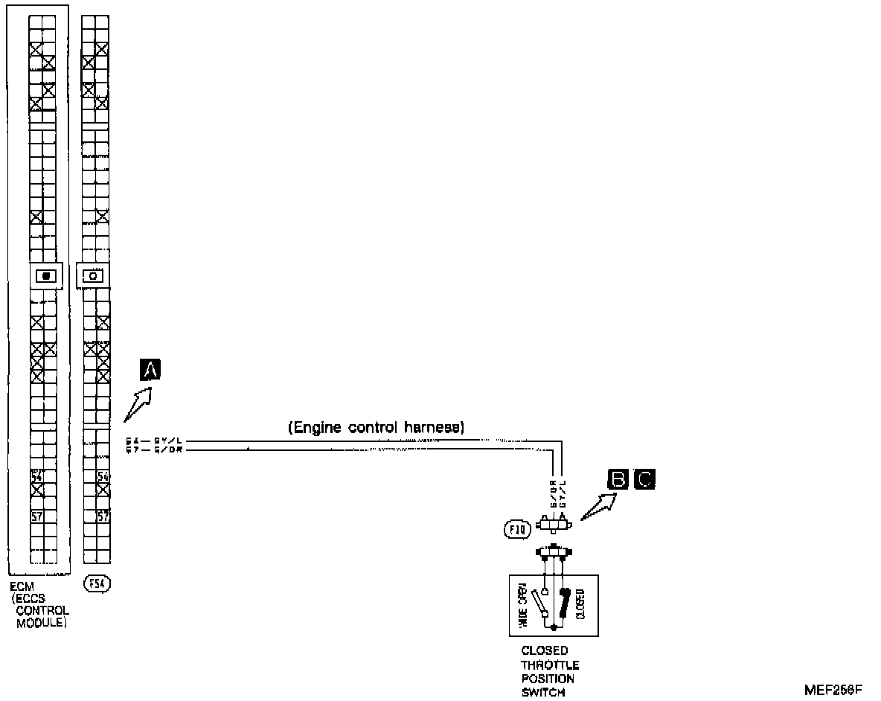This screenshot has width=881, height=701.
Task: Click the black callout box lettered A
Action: coord(151,370)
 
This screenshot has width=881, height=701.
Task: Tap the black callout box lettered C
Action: coord(644,480)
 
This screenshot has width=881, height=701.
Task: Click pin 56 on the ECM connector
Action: coord(36,476)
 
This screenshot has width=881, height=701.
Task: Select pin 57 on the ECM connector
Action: coord(36,516)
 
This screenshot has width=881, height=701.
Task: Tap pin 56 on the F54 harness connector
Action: coord(103,476)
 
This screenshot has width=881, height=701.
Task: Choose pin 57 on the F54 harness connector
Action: coord(103,516)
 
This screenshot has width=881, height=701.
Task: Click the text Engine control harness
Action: coord(376,428)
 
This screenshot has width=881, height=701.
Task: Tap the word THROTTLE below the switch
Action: coord(550,665)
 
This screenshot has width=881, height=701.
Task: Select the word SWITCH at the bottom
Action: coord(544,693)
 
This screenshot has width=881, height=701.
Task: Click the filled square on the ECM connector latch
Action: coord(47,276)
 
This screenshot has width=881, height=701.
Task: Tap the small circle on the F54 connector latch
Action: coord(94,276)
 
